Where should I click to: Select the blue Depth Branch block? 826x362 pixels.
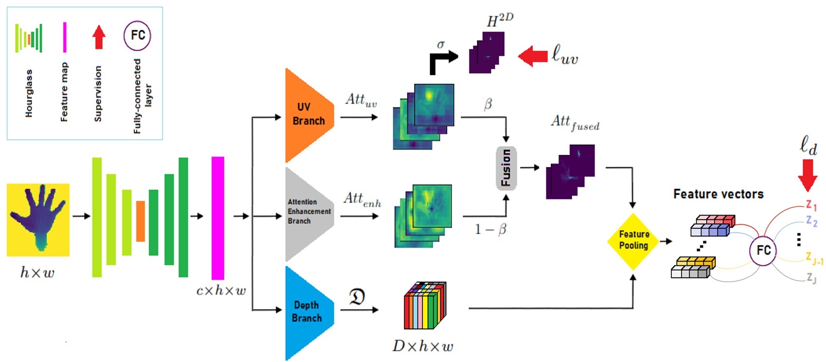click(x=307, y=312)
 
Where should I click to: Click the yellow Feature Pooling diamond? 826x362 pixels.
click(x=633, y=241)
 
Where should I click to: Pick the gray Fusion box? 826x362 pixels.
click(x=506, y=168)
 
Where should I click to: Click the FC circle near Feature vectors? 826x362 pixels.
click(x=763, y=250)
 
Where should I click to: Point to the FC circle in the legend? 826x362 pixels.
click(x=137, y=36)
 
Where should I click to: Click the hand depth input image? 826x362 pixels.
click(x=38, y=219)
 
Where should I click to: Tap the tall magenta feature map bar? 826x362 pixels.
click(x=217, y=218)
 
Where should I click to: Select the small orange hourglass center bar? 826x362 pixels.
click(x=140, y=221)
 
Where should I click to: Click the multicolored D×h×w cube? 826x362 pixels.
click(x=425, y=306)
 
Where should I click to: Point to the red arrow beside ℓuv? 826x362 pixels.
click(x=533, y=56)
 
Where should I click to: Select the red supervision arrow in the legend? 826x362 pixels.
click(x=98, y=37)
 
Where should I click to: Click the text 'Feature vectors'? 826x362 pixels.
click(x=718, y=194)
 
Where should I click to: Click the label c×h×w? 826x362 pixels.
click(x=221, y=291)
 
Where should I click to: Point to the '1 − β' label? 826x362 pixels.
click(x=490, y=229)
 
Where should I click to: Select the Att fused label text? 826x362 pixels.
click(x=575, y=122)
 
